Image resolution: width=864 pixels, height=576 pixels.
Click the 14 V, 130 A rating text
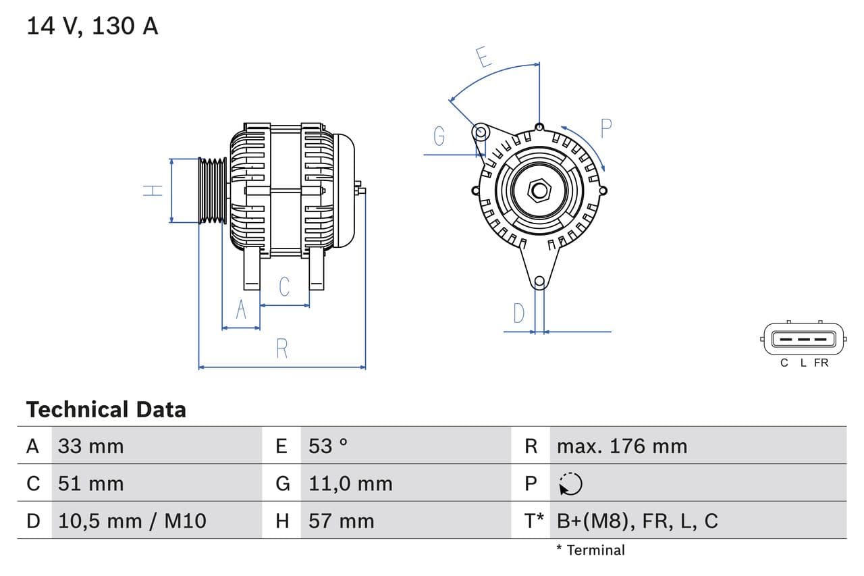[x=92, y=26]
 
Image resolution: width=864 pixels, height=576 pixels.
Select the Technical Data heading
[x=106, y=410]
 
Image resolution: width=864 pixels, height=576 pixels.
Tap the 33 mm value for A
[x=90, y=446]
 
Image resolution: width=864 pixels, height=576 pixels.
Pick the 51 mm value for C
[x=90, y=483]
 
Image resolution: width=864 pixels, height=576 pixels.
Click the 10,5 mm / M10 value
[x=132, y=521]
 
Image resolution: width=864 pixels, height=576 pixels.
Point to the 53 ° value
[x=328, y=446]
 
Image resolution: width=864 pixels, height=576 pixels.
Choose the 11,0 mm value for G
[x=350, y=483]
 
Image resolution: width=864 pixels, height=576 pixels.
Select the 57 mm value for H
[x=341, y=521]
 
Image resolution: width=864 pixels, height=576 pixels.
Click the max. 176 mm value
[x=622, y=446]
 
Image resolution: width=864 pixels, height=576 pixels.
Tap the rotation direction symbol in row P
[x=570, y=483]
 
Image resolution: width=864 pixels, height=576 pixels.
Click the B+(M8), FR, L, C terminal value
[x=637, y=521]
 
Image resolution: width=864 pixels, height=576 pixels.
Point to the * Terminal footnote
[x=591, y=550]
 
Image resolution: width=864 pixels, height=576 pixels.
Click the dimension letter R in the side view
[x=282, y=348]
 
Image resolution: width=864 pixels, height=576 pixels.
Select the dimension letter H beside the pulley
[x=154, y=190]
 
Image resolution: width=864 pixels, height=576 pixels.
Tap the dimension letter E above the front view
[x=483, y=57]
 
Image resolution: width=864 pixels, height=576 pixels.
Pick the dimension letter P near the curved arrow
[x=605, y=128]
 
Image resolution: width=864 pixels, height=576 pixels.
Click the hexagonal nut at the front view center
[x=539, y=190]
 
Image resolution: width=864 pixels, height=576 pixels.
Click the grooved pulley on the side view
[x=213, y=190]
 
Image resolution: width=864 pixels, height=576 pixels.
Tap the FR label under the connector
[x=821, y=363]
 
